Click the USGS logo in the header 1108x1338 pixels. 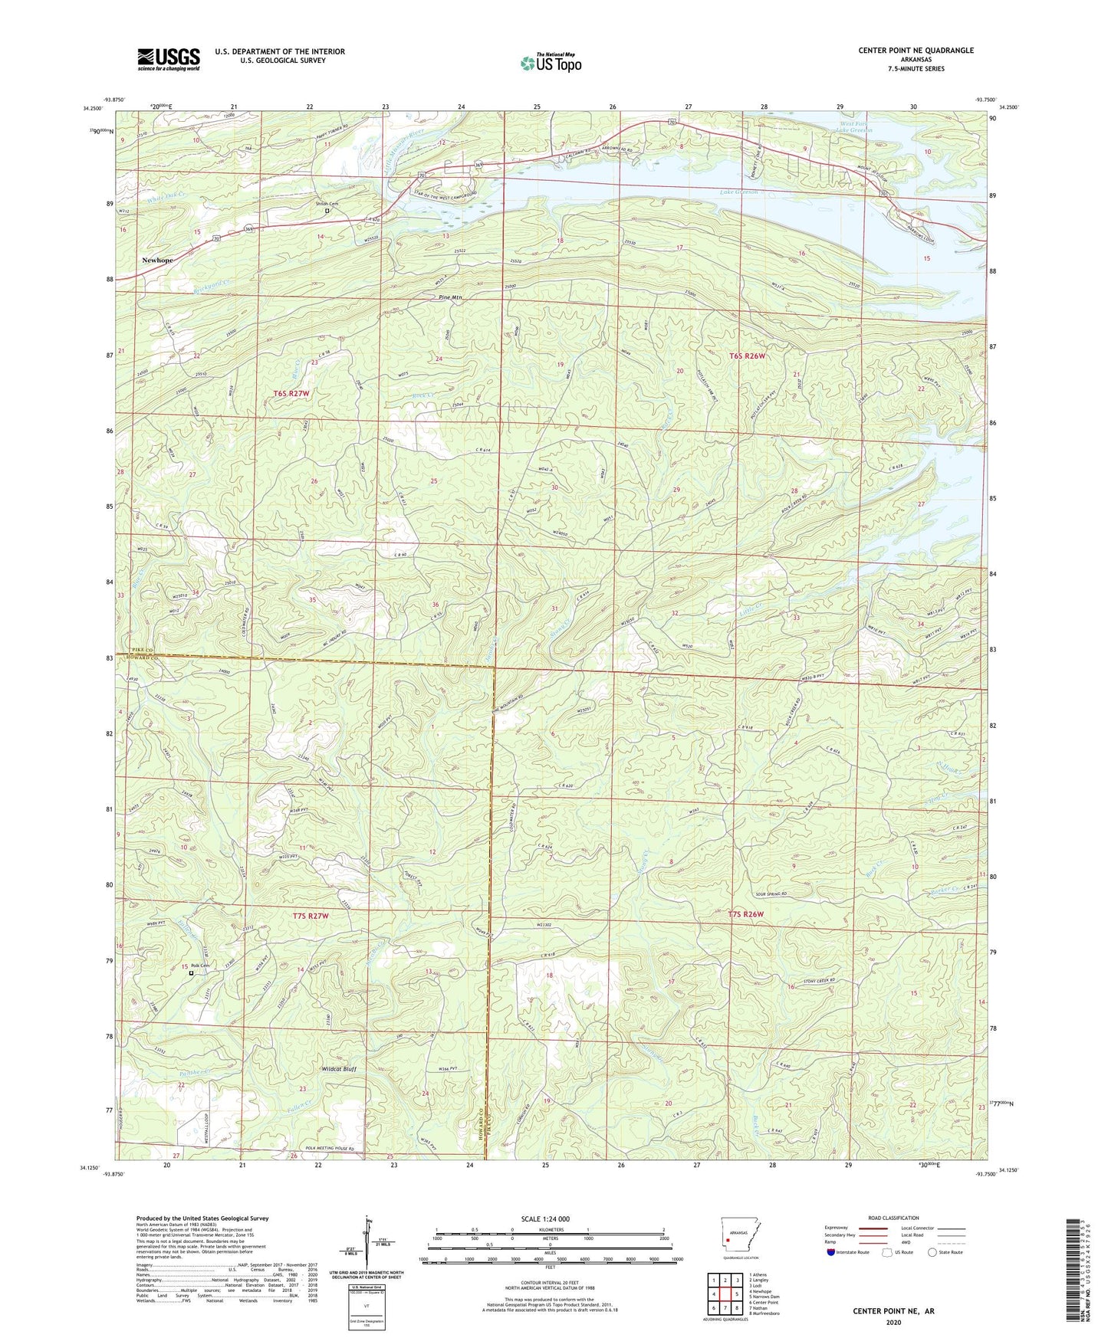pyautogui.click(x=169, y=59)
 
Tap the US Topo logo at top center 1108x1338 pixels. pyautogui.click(x=550, y=63)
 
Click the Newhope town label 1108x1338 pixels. pyautogui.click(x=157, y=260)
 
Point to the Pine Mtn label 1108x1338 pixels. pyautogui.click(x=450, y=297)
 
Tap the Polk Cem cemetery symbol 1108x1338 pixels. pyautogui.click(x=191, y=974)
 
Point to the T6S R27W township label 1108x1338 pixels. pyautogui.click(x=292, y=393)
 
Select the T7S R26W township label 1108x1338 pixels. pyautogui.click(x=745, y=914)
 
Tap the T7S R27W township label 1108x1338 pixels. pyautogui.click(x=311, y=916)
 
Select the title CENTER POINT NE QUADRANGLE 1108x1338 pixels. pyautogui.click(x=916, y=51)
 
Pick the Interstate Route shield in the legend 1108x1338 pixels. pyautogui.click(x=830, y=1253)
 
